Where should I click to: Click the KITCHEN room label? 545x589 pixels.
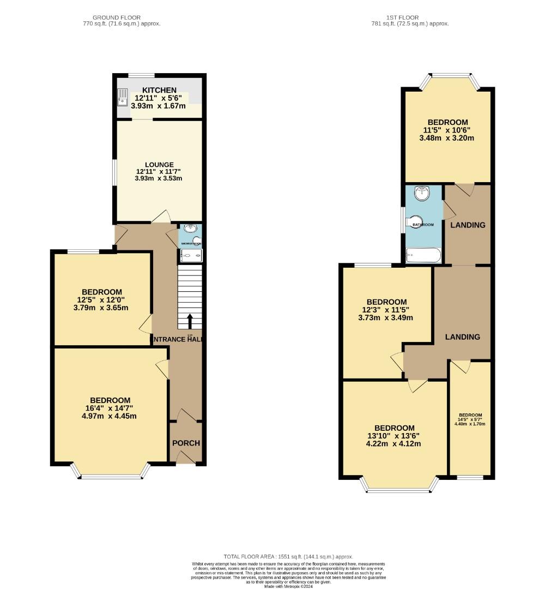tap(159, 90)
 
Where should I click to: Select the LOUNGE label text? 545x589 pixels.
tap(159, 165)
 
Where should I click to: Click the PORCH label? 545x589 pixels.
tap(186, 443)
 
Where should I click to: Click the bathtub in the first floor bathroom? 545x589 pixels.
tap(423, 255)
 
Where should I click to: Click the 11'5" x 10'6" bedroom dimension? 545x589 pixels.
tap(448, 130)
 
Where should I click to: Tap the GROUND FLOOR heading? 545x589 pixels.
tap(120, 17)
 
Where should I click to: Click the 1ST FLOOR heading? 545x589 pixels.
tap(409, 17)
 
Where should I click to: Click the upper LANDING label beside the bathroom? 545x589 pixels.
tap(467, 225)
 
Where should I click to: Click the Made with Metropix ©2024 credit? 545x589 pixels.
tap(289, 586)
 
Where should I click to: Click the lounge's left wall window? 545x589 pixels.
tap(113, 173)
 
